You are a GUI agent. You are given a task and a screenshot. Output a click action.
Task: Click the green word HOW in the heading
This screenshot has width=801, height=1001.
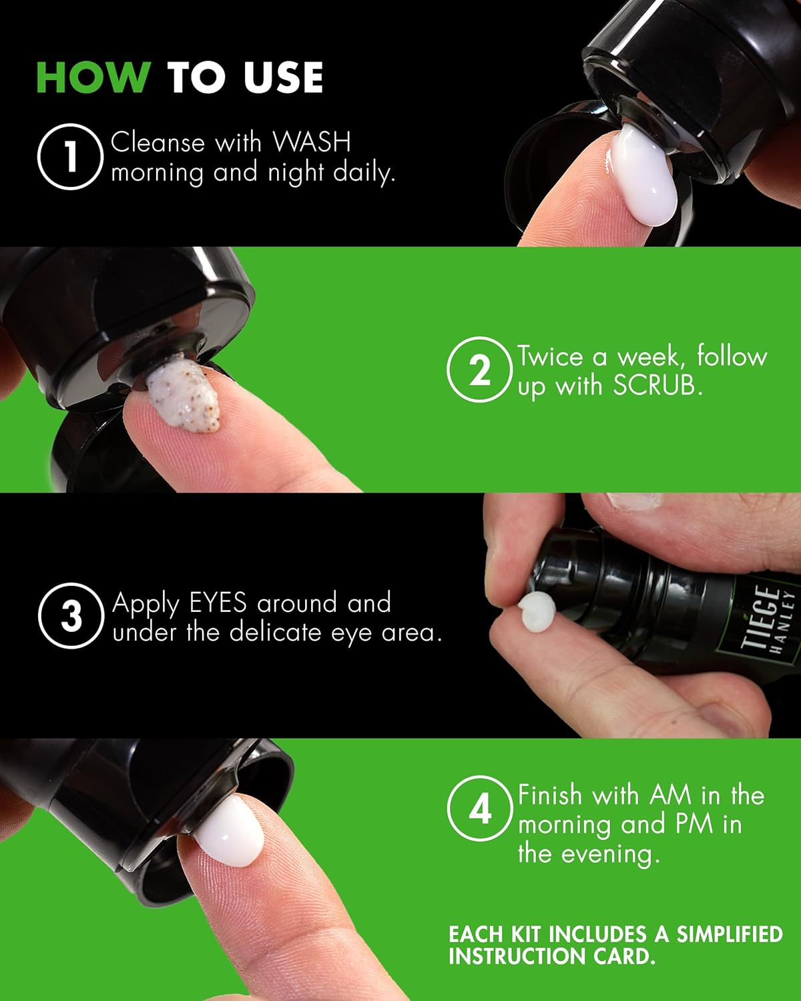[x=93, y=77]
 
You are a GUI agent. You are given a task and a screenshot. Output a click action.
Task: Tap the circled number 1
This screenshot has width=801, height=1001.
[x=70, y=157]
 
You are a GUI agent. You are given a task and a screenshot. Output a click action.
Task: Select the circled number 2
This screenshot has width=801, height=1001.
[x=479, y=370]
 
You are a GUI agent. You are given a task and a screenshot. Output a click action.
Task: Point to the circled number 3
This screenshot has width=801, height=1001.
[x=70, y=616]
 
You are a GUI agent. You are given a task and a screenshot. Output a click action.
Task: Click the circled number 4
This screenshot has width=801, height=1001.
[x=479, y=809]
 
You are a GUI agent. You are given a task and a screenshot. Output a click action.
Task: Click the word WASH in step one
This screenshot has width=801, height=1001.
[x=311, y=143]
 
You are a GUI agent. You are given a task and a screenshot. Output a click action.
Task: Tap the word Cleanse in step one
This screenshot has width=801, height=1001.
[x=158, y=143]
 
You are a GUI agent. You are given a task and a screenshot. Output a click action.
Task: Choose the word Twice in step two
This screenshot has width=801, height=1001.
[x=551, y=356]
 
